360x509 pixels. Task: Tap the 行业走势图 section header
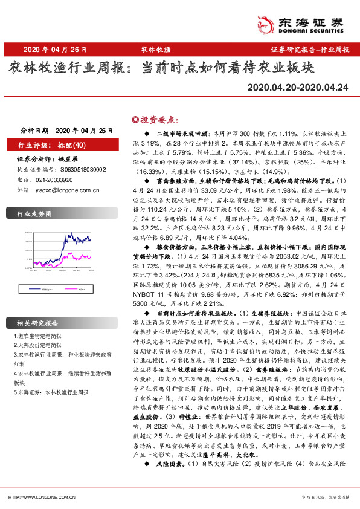pos(34,214)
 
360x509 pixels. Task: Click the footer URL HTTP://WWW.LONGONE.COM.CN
pos(42,496)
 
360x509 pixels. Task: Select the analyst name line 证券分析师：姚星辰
pos(48,159)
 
